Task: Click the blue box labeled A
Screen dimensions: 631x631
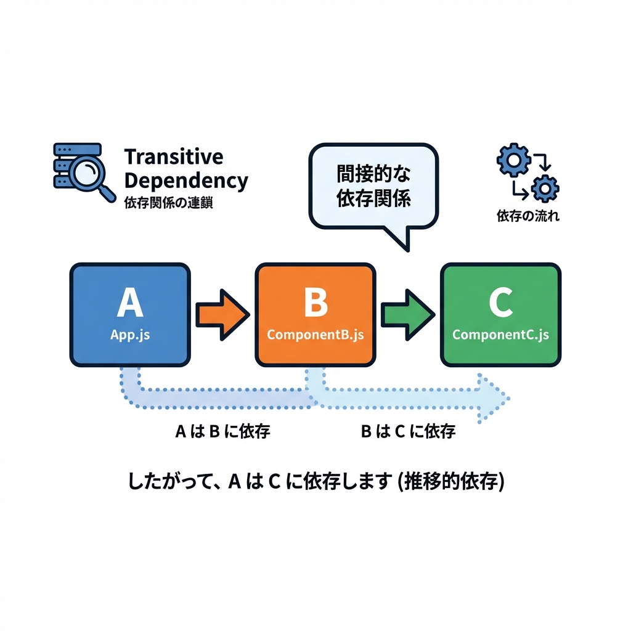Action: pos(130,314)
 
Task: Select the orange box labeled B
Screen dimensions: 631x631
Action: pos(315,314)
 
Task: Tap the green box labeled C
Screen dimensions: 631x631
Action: pos(500,314)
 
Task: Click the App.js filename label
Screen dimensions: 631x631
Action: pos(130,335)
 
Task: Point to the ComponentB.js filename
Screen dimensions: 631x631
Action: pos(315,335)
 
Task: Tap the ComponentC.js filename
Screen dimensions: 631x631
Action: pos(500,335)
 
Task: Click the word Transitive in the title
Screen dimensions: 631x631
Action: pos(173,157)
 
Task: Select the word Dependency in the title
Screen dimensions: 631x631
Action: pos(185,181)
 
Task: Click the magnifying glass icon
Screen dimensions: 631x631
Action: pos(90,175)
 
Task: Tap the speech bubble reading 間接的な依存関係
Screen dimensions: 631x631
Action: pos(373,185)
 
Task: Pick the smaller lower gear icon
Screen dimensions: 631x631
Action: pos(545,188)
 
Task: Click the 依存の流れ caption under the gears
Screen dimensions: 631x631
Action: pos(528,217)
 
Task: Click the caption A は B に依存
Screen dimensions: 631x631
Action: pos(222,431)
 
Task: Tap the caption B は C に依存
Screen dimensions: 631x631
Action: pos(407,431)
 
